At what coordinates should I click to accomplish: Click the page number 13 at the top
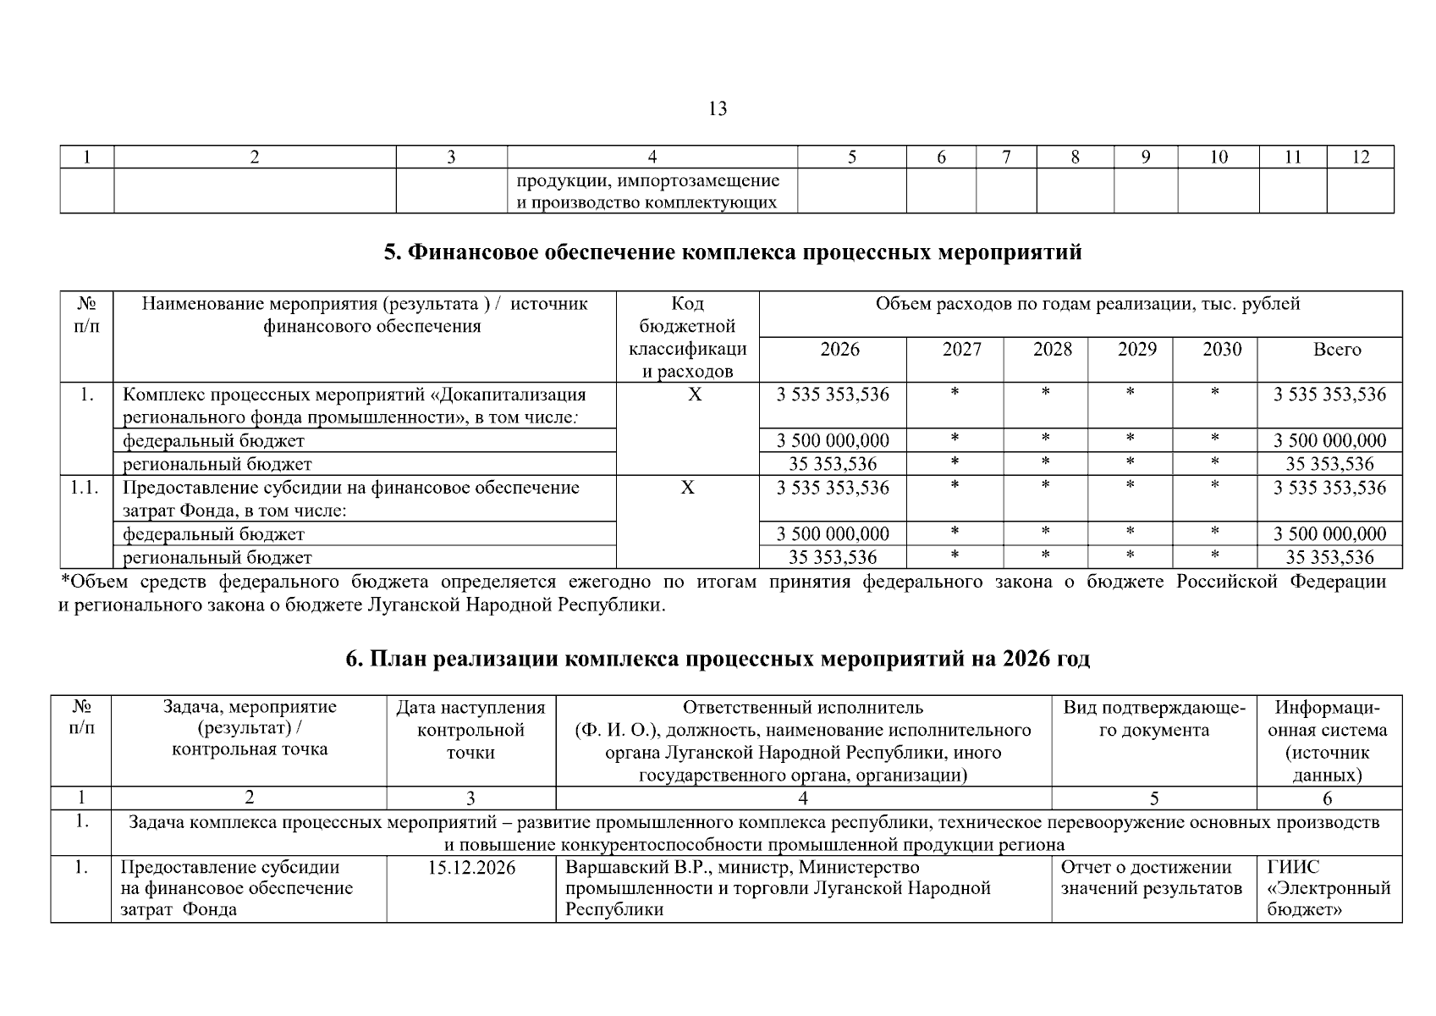[x=717, y=109]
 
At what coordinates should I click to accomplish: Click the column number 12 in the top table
[x=1360, y=157]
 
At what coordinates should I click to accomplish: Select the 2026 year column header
[x=839, y=350]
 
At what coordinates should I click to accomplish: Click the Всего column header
[x=1336, y=350]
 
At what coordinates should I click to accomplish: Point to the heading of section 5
[x=732, y=252]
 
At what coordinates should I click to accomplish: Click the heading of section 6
[x=718, y=659]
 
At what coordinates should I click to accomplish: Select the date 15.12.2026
[x=471, y=868]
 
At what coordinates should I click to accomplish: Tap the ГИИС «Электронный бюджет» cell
[x=1329, y=888]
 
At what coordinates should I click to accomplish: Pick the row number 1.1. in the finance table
[x=85, y=488]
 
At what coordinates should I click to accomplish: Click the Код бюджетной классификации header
[x=687, y=337]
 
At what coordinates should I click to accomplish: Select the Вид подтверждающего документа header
[x=1153, y=719]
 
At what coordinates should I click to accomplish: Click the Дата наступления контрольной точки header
[x=470, y=729]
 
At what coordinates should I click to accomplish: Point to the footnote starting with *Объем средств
[x=722, y=594]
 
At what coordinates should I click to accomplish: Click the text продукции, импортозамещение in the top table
[x=648, y=180]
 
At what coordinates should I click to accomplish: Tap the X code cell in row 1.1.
[x=687, y=488]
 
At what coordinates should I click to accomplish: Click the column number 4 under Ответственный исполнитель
[x=802, y=798]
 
